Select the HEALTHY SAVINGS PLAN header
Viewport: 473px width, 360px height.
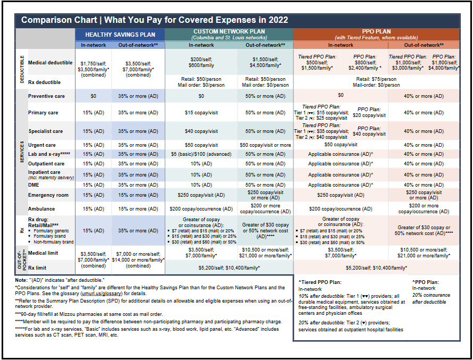tap(120, 35)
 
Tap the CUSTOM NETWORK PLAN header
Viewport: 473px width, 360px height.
tap(229, 31)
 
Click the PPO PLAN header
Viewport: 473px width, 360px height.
tap(376, 31)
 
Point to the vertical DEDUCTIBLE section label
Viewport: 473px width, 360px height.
tap(22, 69)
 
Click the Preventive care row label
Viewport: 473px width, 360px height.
tap(46, 96)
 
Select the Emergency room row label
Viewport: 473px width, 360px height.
tap(48, 195)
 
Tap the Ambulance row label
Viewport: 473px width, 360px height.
tap(41, 209)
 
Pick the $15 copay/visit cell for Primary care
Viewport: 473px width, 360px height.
tap(201, 113)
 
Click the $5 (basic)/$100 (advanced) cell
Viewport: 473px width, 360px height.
tap(201, 154)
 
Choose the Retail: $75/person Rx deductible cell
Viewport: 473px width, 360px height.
tap(376, 79)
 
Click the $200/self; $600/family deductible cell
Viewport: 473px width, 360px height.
tap(201, 62)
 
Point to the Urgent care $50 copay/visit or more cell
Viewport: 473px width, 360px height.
tap(265, 145)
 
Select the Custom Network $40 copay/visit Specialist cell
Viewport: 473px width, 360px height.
tap(201, 131)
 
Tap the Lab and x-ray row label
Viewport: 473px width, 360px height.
tap(49, 154)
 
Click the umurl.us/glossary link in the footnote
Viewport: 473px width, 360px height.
tap(102, 294)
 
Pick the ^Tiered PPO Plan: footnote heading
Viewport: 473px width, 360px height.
tap(320, 282)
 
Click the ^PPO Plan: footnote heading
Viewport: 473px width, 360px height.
tap(426, 282)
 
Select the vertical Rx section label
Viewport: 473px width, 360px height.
tap(22, 231)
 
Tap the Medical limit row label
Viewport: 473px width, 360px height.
tap(43, 253)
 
